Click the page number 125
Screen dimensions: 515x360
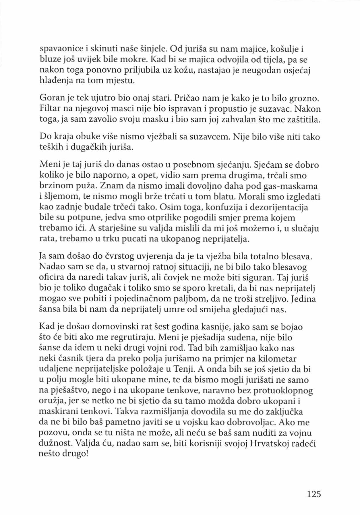click(313, 494)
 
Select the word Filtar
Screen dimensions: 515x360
click(49, 109)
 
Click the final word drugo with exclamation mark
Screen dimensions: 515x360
click(75, 454)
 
